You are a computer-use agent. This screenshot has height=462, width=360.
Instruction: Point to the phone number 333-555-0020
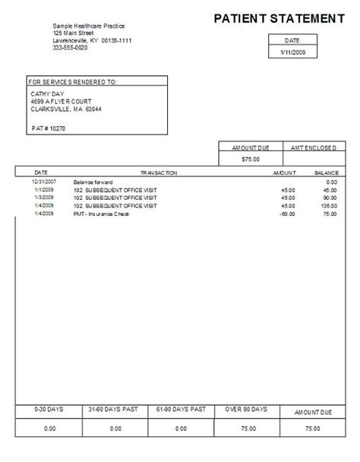[71, 47]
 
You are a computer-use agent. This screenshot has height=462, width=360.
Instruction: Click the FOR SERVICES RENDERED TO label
[73, 81]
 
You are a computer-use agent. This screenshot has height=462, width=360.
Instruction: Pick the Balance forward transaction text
[92, 182]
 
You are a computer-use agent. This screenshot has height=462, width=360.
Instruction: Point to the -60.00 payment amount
[286, 214]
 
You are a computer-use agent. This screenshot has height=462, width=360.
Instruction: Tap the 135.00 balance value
[327, 206]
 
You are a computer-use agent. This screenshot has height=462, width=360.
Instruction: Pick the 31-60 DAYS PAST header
[115, 410]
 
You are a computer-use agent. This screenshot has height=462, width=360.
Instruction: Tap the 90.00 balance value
[330, 198]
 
